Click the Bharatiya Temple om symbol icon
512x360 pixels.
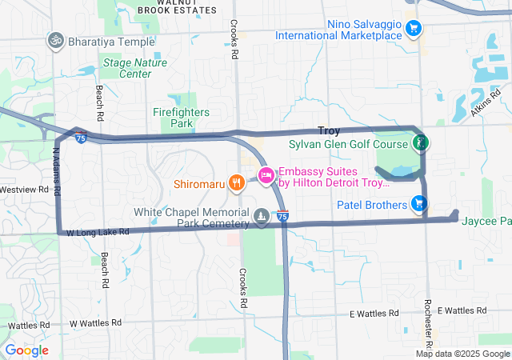pos(56,38)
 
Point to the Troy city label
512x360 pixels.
pos(329,130)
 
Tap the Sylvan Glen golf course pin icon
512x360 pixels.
pos(419,144)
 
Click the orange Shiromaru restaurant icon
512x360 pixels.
pos(235,182)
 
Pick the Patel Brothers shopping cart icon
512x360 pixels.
pos(418,204)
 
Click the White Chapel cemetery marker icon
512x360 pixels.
pos(262,216)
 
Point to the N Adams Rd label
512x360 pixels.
pos(56,172)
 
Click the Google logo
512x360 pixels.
pos(26,350)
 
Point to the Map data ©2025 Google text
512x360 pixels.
pos(462,354)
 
